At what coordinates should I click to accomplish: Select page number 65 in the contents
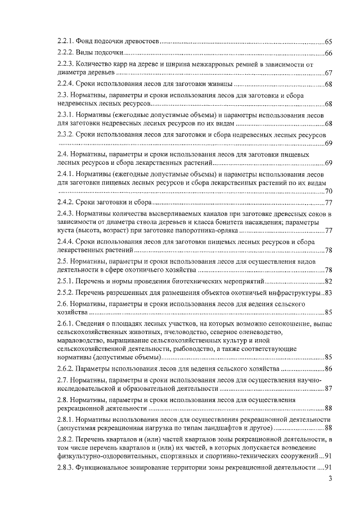(x=328, y=42)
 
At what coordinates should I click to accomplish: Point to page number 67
(x=328, y=73)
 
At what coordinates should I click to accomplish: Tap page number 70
(x=328, y=192)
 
